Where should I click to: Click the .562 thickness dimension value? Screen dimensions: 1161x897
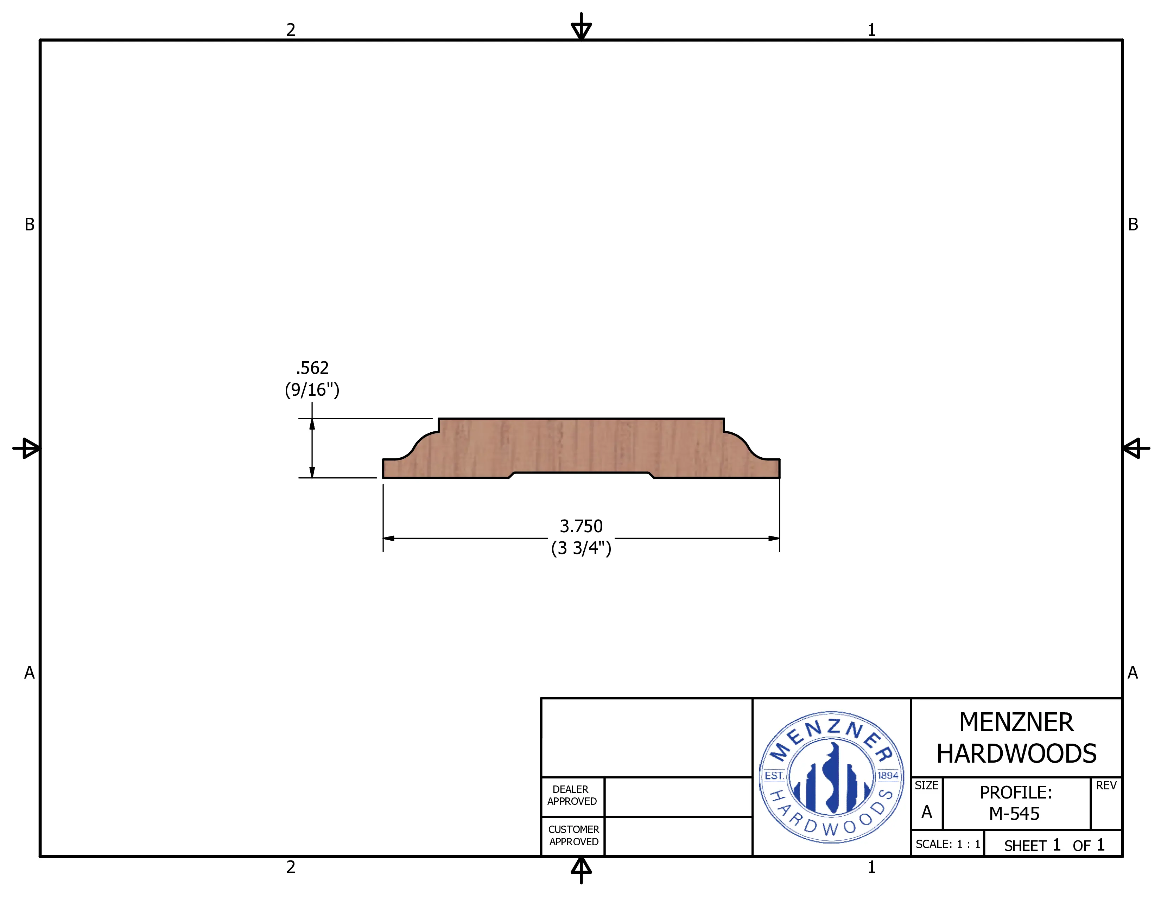point(312,368)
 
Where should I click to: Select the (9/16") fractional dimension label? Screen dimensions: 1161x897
point(312,390)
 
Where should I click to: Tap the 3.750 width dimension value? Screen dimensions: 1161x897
point(581,526)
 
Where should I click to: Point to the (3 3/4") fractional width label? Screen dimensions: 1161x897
point(581,548)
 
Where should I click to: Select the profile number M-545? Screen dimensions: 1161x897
point(1014,814)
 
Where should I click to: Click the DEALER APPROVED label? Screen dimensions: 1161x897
point(572,795)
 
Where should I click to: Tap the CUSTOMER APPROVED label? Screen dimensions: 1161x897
point(573,835)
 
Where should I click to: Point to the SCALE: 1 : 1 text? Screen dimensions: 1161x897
point(948,844)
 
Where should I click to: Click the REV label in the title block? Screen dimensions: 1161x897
point(1106,785)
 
